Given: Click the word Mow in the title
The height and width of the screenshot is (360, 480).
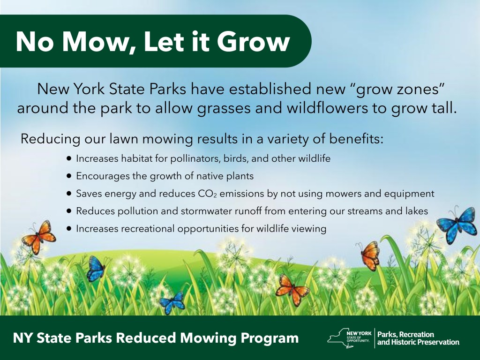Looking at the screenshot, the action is (95, 42).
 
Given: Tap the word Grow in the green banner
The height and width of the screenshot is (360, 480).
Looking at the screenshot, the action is (254, 41).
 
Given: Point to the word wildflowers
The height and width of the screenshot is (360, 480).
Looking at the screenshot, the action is (327, 108).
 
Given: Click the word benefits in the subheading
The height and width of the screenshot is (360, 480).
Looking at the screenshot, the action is (356, 139).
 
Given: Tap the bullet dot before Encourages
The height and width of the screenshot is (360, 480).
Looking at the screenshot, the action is (69, 176).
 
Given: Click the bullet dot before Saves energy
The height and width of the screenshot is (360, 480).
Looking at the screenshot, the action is (69, 194).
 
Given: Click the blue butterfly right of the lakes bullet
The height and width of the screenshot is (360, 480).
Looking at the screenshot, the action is (457, 224).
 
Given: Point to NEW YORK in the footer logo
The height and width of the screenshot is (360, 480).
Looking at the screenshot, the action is (359, 333).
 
